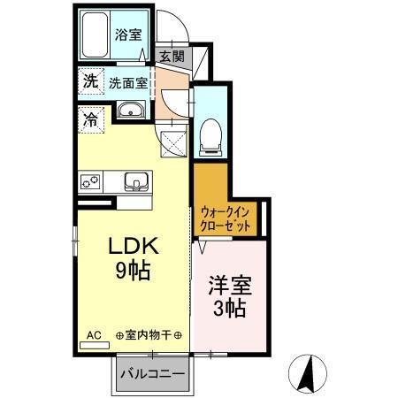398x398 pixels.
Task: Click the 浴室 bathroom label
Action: (x=128, y=35)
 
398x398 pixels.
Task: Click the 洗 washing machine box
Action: (x=89, y=81)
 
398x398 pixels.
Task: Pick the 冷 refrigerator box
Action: (x=90, y=119)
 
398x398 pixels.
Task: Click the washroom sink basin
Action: (x=131, y=112)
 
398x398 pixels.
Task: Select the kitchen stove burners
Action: (x=91, y=181)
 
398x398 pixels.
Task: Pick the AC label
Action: (x=95, y=335)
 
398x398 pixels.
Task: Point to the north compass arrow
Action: (x=311, y=372)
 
